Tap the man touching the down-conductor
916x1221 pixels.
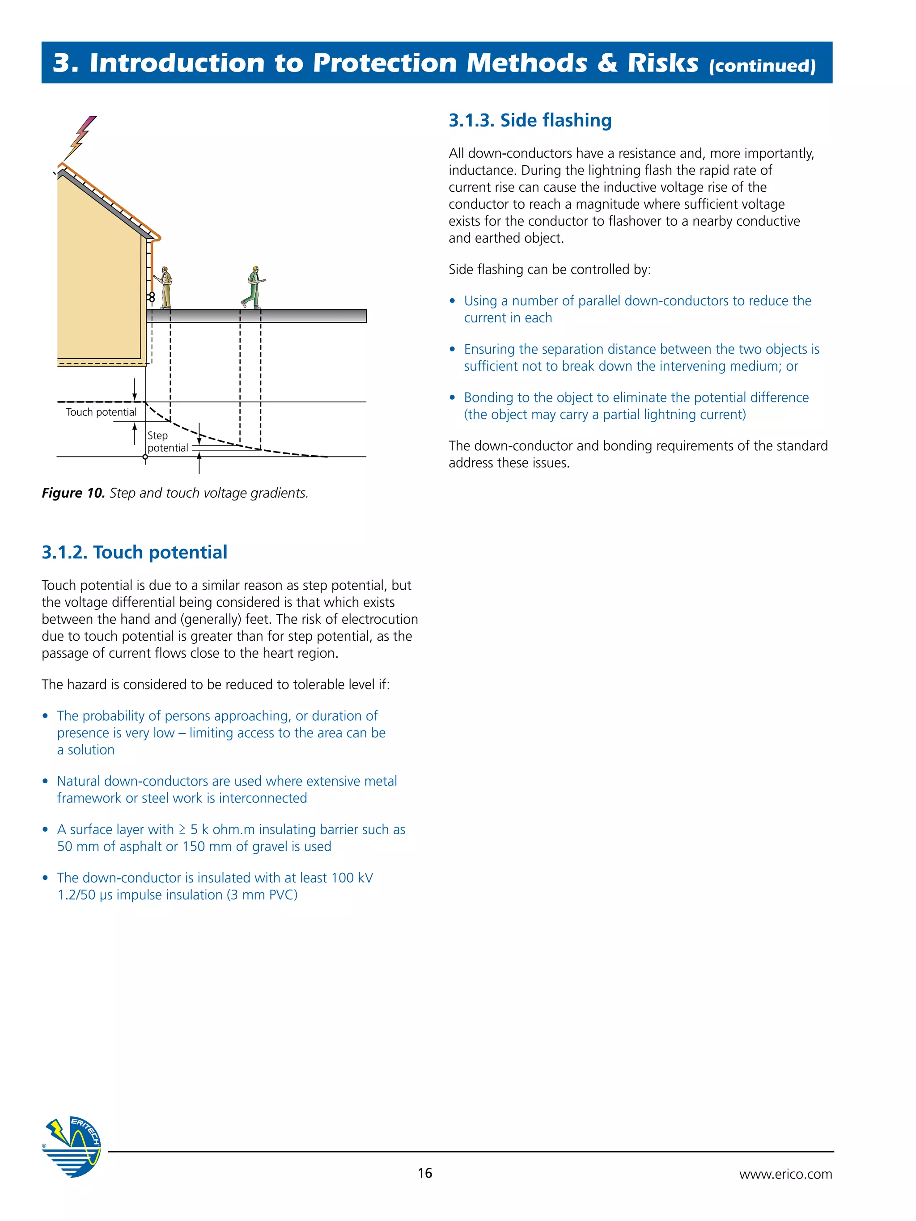(x=165, y=287)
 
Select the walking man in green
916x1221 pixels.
(x=254, y=287)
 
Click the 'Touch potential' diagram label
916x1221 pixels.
(x=101, y=412)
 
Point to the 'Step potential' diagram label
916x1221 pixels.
(x=167, y=442)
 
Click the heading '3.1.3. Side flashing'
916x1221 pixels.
(x=530, y=120)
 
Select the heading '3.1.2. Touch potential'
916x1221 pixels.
(x=134, y=552)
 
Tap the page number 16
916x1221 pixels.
(x=424, y=1173)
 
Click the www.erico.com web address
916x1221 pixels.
(x=785, y=1174)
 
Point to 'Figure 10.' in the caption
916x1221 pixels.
(x=73, y=493)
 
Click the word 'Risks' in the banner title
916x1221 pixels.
(x=662, y=63)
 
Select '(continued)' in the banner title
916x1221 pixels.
(x=762, y=66)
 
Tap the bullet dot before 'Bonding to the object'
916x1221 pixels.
(x=452, y=397)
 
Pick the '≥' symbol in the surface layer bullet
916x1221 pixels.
(x=182, y=830)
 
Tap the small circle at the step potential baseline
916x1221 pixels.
(x=145, y=457)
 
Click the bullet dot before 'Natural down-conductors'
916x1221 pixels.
(x=45, y=781)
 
